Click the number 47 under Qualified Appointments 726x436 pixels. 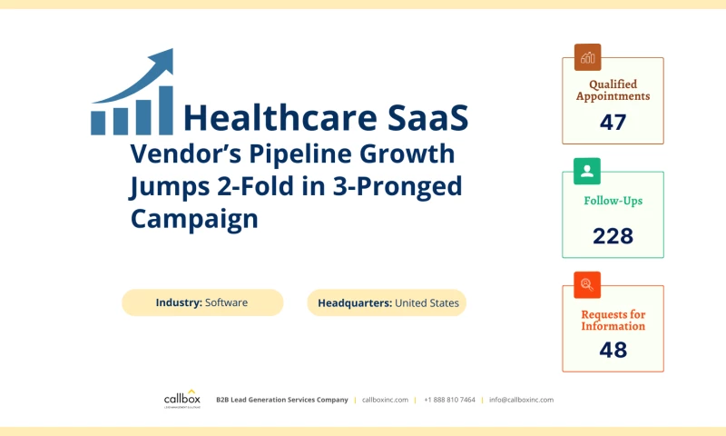(613, 122)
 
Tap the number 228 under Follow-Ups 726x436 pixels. (613, 236)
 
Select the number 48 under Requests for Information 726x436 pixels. (613, 350)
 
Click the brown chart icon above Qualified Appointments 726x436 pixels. (587, 57)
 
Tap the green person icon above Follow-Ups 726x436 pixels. (587, 171)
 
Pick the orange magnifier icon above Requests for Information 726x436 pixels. (587, 284)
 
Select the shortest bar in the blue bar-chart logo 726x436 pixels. (98, 122)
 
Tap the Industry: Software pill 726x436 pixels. (202, 302)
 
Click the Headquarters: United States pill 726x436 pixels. (388, 302)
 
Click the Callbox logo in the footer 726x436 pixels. (181, 400)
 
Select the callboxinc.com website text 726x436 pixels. (385, 400)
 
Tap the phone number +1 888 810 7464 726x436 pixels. (449, 400)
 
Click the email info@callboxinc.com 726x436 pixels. (521, 400)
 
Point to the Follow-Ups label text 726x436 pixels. (613, 201)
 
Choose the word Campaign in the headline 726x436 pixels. (194, 219)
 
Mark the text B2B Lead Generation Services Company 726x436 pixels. (281, 400)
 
